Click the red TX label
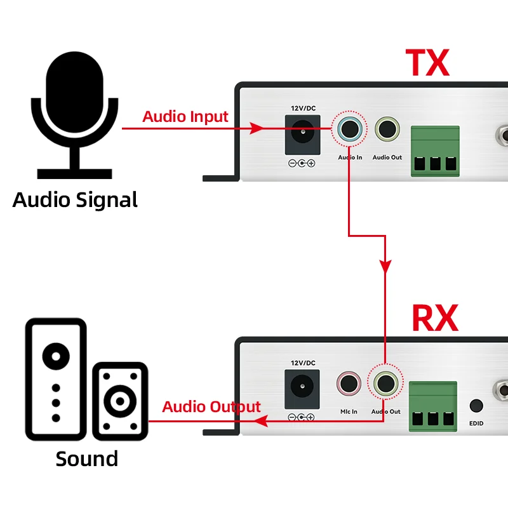[x=427, y=62]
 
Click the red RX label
[x=435, y=318]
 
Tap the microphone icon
[x=74, y=115]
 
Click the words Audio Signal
[x=75, y=200]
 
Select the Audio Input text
[x=185, y=117]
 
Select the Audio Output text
[x=211, y=407]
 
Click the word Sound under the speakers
[x=87, y=459]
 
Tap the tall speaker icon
[x=56, y=379]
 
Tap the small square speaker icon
[x=120, y=401]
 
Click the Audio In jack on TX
[x=350, y=129]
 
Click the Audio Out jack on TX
[x=387, y=129]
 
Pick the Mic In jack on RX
[x=349, y=384]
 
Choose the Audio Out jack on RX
[x=385, y=384]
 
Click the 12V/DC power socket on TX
[x=303, y=135]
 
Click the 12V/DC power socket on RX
[x=302, y=389]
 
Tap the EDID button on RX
[x=476, y=406]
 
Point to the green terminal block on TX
[x=435, y=151]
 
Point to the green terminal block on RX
[x=433, y=406]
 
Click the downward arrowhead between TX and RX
[x=385, y=266]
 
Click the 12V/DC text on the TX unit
[x=304, y=108]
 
